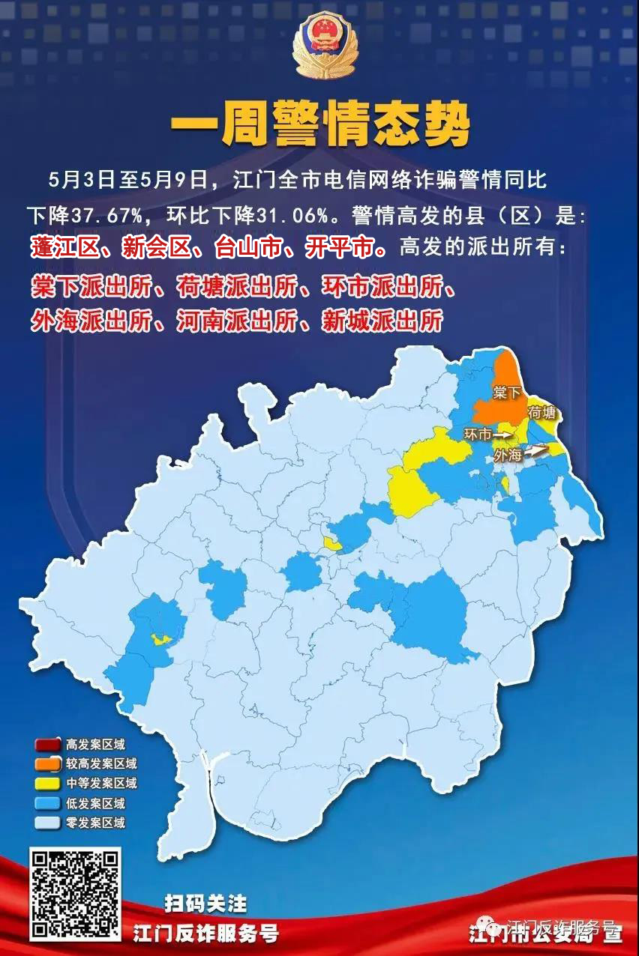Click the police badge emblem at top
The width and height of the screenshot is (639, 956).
point(325,46)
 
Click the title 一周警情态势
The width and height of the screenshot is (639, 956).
point(319,124)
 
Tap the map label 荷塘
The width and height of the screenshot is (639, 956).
point(544,413)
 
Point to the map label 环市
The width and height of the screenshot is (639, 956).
point(478,435)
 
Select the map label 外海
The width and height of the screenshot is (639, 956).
point(508,455)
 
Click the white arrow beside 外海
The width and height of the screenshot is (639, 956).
point(537,451)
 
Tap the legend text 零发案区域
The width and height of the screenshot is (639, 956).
point(95,823)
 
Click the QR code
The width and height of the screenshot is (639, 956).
point(75,894)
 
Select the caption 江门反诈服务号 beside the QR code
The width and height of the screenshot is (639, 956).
point(205,933)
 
